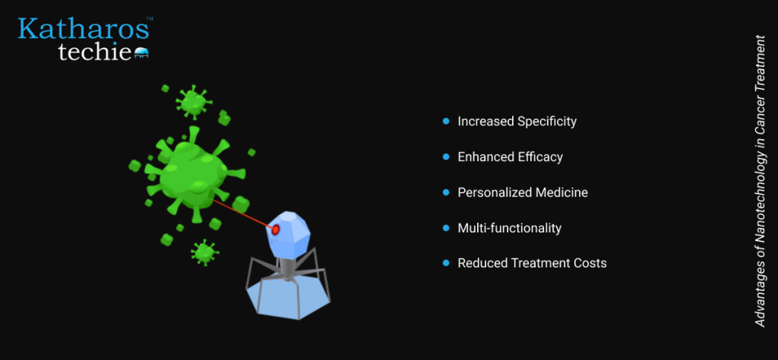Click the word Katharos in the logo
click(x=84, y=29)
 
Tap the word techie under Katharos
click(x=95, y=52)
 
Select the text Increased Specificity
click(x=517, y=121)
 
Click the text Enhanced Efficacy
click(x=510, y=156)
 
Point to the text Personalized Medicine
click(x=523, y=192)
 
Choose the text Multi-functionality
click(x=510, y=228)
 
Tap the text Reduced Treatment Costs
click(x=532, y=263)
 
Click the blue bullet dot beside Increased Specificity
click(x=445, y=121)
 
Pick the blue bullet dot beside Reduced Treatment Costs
click(x=445, y=263)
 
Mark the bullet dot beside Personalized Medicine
click(x=445, y=192)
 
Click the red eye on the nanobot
click(x=275, y=229)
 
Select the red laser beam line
click(x=242, y=214)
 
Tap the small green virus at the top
click(x=194, y=102)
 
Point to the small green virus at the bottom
click(x=204, y=252)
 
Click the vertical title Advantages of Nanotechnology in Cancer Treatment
click(x=760, y=181)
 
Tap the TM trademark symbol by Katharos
click(x=150, y=19)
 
